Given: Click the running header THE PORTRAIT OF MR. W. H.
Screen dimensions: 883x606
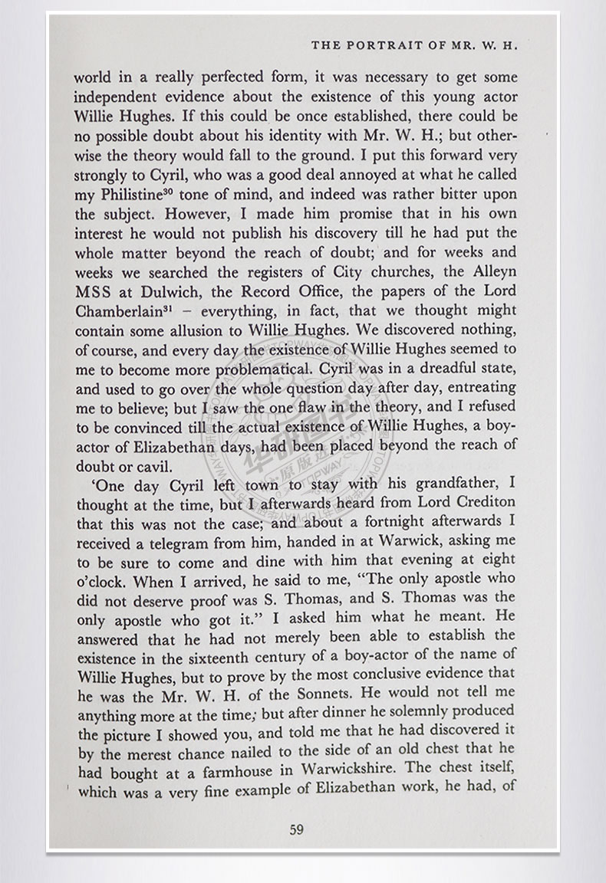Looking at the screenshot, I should pos(416,45).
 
